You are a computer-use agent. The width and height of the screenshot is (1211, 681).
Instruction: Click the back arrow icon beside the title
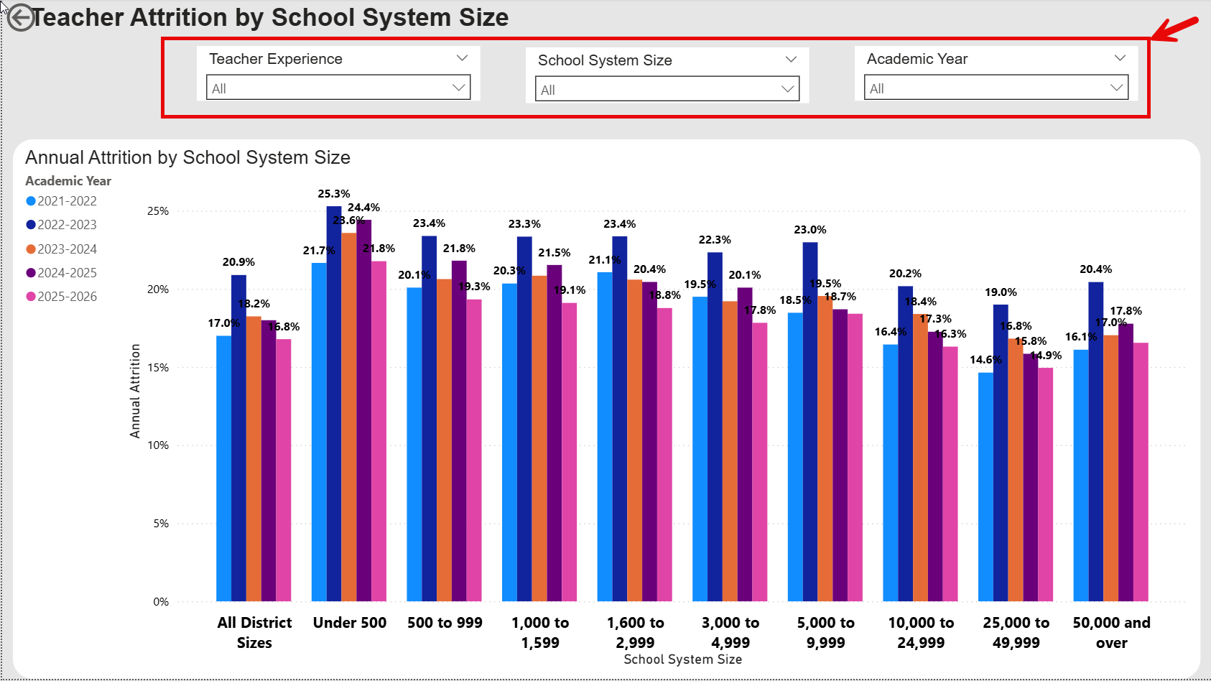click(x=20, y=18)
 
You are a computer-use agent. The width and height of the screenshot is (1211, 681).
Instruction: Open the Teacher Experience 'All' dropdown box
click(x=338, y=88)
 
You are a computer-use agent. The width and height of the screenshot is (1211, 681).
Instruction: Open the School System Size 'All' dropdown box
click(x=667, y=89)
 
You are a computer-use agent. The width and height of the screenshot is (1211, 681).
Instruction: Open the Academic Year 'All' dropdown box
click(x=996, y=88)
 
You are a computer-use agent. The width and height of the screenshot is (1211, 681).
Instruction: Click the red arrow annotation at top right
click(x=1175, y=29)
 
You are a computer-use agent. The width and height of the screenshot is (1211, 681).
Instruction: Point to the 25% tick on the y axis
click(x=158, y=211)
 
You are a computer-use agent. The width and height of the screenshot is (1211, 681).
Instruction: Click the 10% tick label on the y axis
click(x=158, y=445)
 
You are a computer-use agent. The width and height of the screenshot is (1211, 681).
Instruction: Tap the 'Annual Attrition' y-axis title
click(x=135, y=391)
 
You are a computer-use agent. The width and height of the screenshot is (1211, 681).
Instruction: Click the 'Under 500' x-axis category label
click(x=350, y=623)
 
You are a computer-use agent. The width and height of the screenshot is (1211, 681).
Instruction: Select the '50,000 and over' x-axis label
click(x=1111, y=632)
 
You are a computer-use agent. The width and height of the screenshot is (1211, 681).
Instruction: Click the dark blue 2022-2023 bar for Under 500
click(x=334, y=402)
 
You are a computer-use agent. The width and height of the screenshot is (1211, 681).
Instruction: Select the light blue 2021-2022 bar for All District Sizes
click(x=223, y=467)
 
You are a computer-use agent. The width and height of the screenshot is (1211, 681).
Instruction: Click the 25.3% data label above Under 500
click(x=334, y=194)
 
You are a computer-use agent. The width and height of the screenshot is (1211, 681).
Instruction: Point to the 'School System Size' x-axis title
click(x=682, y=659)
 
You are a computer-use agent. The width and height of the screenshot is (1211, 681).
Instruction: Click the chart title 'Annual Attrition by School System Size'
click(x=187, y=157)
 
